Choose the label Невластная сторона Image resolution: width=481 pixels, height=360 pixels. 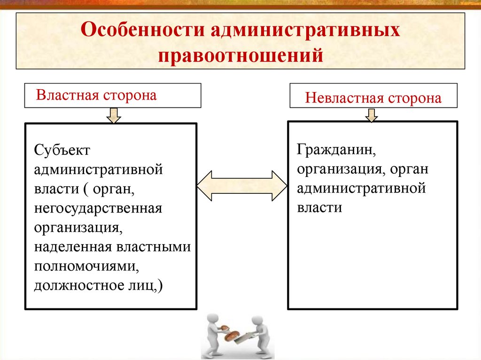click(x=373, y=98)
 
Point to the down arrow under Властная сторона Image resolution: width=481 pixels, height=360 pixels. click(x=113, y=115)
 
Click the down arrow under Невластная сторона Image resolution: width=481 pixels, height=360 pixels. click(x=372, y=115)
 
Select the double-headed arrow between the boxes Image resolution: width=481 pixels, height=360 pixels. click(x=241, y=186)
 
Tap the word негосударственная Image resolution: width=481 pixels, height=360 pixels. click(x=98, y=207)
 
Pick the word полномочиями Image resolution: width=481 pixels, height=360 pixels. click(x=85, y=266)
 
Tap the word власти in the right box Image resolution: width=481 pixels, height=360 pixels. click(x=319, y=207)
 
